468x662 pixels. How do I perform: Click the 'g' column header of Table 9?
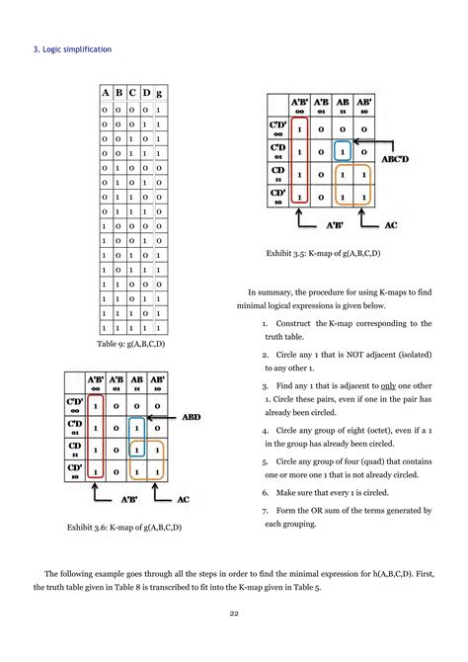click(x=158, y=93)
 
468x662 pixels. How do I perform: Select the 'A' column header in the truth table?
click(x=106, y=93)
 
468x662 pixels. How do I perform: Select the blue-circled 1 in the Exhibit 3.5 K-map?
click(x=341, y=151)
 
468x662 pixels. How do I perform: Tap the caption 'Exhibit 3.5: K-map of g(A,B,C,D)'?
click(x=322, y=254)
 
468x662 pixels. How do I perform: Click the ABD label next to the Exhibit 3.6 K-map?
click(x=192, y=418)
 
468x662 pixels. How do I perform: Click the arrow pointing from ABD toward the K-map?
click(x=163, y=418)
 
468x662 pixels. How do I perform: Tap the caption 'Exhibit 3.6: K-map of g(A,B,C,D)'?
click(x=123, y=528)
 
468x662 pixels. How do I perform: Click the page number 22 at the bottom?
click(x=233, y=641)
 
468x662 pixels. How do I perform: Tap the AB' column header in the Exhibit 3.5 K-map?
click(x=364, y=106)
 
